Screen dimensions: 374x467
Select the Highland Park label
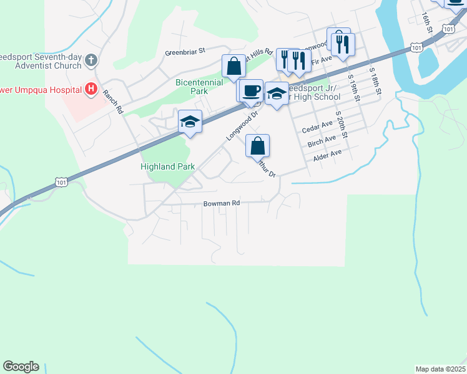point(167,166)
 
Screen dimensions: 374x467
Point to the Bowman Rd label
point(222,203)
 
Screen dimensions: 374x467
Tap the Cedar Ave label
point(317,128)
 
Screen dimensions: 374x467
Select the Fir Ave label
point(323,60)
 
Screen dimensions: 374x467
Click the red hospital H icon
point(91,89)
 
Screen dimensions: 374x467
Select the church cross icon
point(91,60)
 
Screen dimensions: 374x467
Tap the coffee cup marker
point(251,90)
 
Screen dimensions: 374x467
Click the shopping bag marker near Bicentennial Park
point(234,66)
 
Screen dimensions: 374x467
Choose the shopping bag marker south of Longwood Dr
point(257,146)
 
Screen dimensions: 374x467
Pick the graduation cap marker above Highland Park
point(190,122)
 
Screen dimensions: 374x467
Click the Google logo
point(21,367)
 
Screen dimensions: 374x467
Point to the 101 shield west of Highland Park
point(61,181)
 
